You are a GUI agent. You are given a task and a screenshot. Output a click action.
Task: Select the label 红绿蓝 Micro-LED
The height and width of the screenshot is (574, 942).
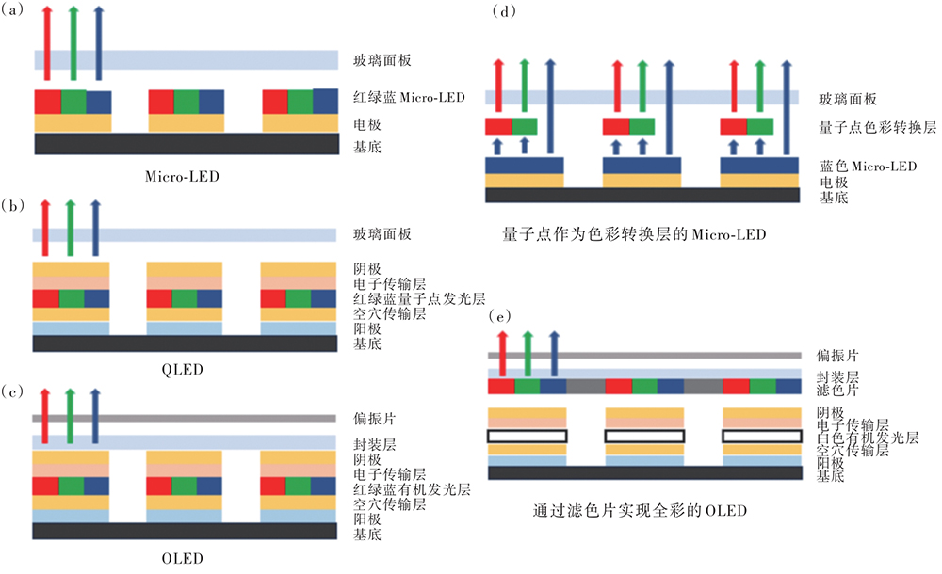pyautogui.click(x=406, y=98)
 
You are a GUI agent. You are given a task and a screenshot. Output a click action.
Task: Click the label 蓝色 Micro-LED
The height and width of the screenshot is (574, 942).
pyautogui.click(x=868, y=167)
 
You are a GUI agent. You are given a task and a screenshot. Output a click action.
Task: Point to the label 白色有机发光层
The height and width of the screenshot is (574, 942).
pyautogui.click(x=867, y=438)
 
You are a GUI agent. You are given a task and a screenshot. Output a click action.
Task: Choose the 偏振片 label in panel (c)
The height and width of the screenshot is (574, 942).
pyautogui.click(x=368, y=418)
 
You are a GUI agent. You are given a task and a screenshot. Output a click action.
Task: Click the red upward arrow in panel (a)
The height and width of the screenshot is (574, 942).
pyautogui.click(x=49, y=42)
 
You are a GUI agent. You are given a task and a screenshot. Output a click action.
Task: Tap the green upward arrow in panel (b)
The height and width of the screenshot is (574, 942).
pyautogui.click(x=70, y=226)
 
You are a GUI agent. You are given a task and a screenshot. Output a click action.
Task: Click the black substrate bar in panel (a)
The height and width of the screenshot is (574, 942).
pyautogui.click(x=186, y=143)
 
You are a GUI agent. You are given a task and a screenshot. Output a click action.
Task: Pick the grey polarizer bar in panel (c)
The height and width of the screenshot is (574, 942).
pyautogui.click(x=186, y=418)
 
